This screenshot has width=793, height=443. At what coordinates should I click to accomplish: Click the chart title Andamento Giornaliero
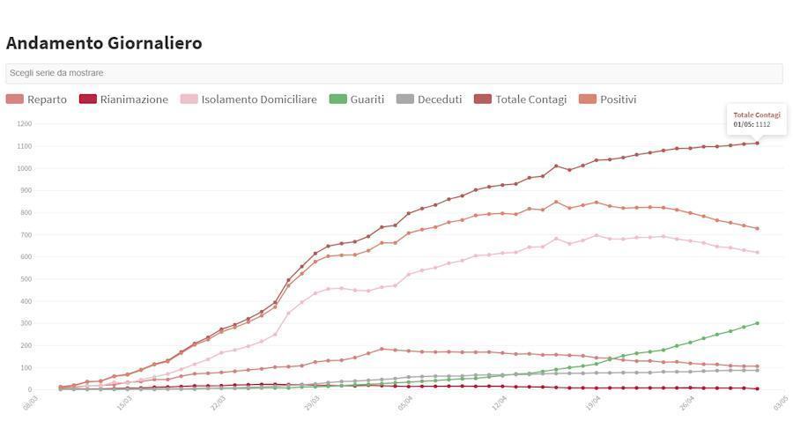pyautogui.click(x=104, y=43)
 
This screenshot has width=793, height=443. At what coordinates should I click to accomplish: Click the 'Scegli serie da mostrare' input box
pyautogui.click(x=394, y=73)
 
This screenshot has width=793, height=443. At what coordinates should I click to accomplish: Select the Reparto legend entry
pyautogui.click(x=37, y=100)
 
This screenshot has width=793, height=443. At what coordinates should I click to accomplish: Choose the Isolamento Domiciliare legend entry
pyautogui.click(x=248, y=100)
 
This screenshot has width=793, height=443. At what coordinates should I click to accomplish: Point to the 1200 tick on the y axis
pyautogui.click(x=23, y=124)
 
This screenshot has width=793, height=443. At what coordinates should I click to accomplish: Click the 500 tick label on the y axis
pyautogui.click(x=25, y=279)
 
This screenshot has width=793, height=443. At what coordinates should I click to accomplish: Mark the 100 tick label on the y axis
pyautogui.click(x=25, y=367)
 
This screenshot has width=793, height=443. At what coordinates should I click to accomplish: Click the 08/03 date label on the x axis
pyautogui.click(x=31, y=403)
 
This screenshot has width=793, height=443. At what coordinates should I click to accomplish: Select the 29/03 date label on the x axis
pyautogui.click(x=312, y=403)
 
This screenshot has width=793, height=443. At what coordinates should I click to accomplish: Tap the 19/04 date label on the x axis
pyautogui.click(x=593, y=403)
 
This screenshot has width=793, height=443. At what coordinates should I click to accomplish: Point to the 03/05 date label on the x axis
pyautogui.click(x=781, y=403)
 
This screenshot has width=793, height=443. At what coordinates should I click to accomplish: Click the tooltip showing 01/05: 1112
pyautogui.click(x=756, y=120)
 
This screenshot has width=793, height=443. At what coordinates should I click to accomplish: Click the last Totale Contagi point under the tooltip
pyautogui.click(x=757, y=143)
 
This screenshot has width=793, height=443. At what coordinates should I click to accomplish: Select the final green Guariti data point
pyautogui.click(x=757, y=323)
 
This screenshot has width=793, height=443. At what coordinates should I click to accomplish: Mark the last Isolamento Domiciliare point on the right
pyautogui.click(x=757, y=253)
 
